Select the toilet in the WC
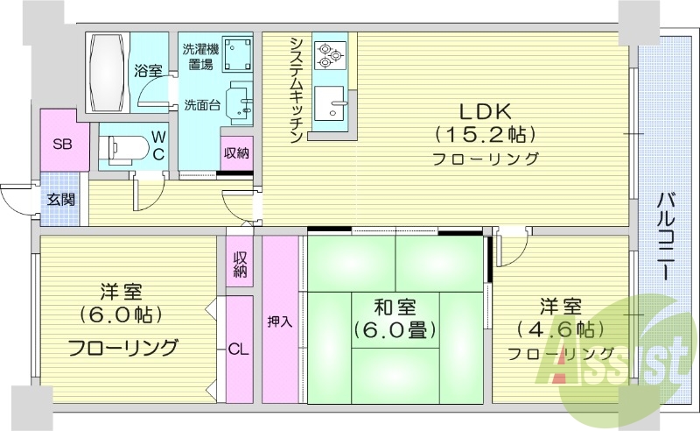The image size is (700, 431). [x=120, y=146]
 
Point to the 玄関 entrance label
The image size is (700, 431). [x=60, y=200]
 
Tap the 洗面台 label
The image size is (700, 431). [x=201, y=105]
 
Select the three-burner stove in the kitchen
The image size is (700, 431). [x=332, y=55]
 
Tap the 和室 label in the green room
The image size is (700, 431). [x=395, y=308]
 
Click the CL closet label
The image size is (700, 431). [x=239, y=349]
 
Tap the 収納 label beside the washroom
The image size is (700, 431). [x=236, y=152]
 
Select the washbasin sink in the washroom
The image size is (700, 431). [x=238, y=104]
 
